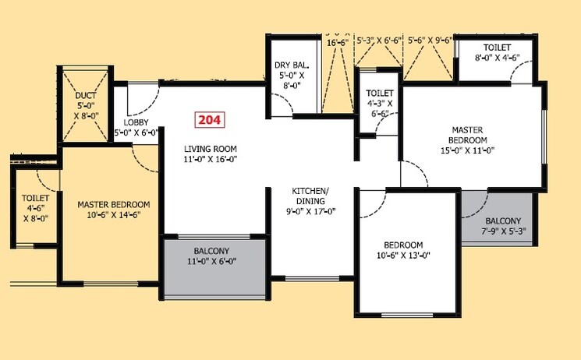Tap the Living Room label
(211, 148)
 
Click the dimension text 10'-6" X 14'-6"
(114, 215)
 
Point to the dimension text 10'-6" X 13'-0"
(403, 255)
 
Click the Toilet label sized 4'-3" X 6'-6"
(380, 94)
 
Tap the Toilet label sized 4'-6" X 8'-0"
(36, 199)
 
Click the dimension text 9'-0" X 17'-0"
(310, 209)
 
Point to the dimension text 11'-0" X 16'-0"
(211, 159)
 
